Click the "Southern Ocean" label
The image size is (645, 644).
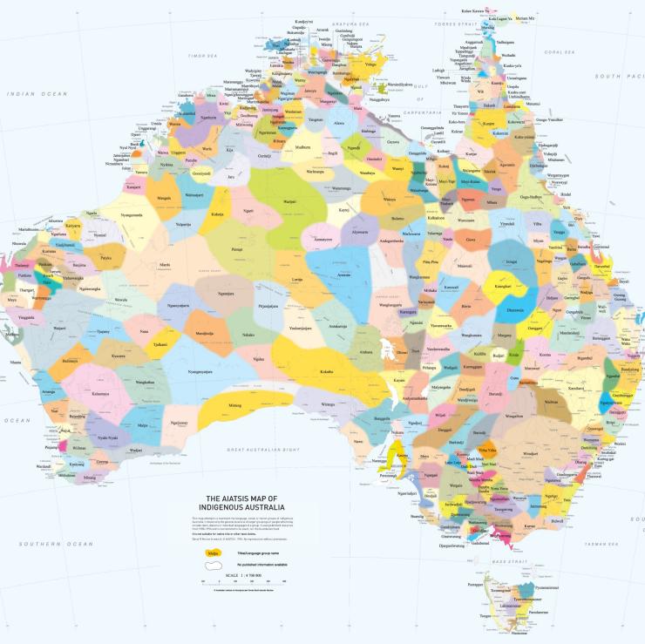point(58,544)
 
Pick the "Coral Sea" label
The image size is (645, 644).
point(557,52)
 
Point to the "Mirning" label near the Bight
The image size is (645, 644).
point(234,405)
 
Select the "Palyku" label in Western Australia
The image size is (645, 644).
point(105,258)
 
